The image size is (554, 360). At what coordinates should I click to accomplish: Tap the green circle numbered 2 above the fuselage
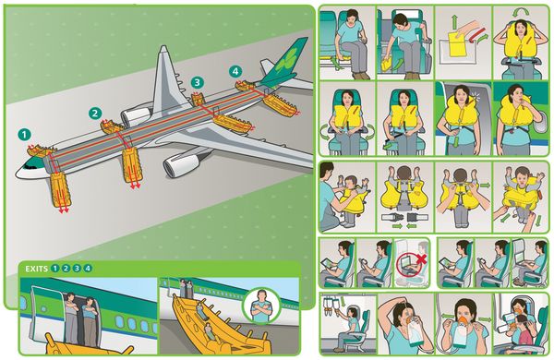pyautogui.click(x=94, y=114)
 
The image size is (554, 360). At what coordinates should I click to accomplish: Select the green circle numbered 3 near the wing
pyautogui.click(x=197, y=83)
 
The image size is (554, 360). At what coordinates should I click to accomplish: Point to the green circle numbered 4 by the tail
pyautogui.click(x=235, y=70)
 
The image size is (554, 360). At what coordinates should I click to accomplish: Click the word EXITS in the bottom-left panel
pyautogui.click(x=34, y=269)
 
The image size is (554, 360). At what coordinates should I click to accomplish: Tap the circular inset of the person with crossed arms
pyautogui.click(x=261, y=308)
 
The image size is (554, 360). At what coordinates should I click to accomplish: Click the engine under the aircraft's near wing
pyautogui.click(x=180, y=165)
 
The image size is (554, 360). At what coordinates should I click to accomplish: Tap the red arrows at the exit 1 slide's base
pyautogui.click(x=64, y=210)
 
